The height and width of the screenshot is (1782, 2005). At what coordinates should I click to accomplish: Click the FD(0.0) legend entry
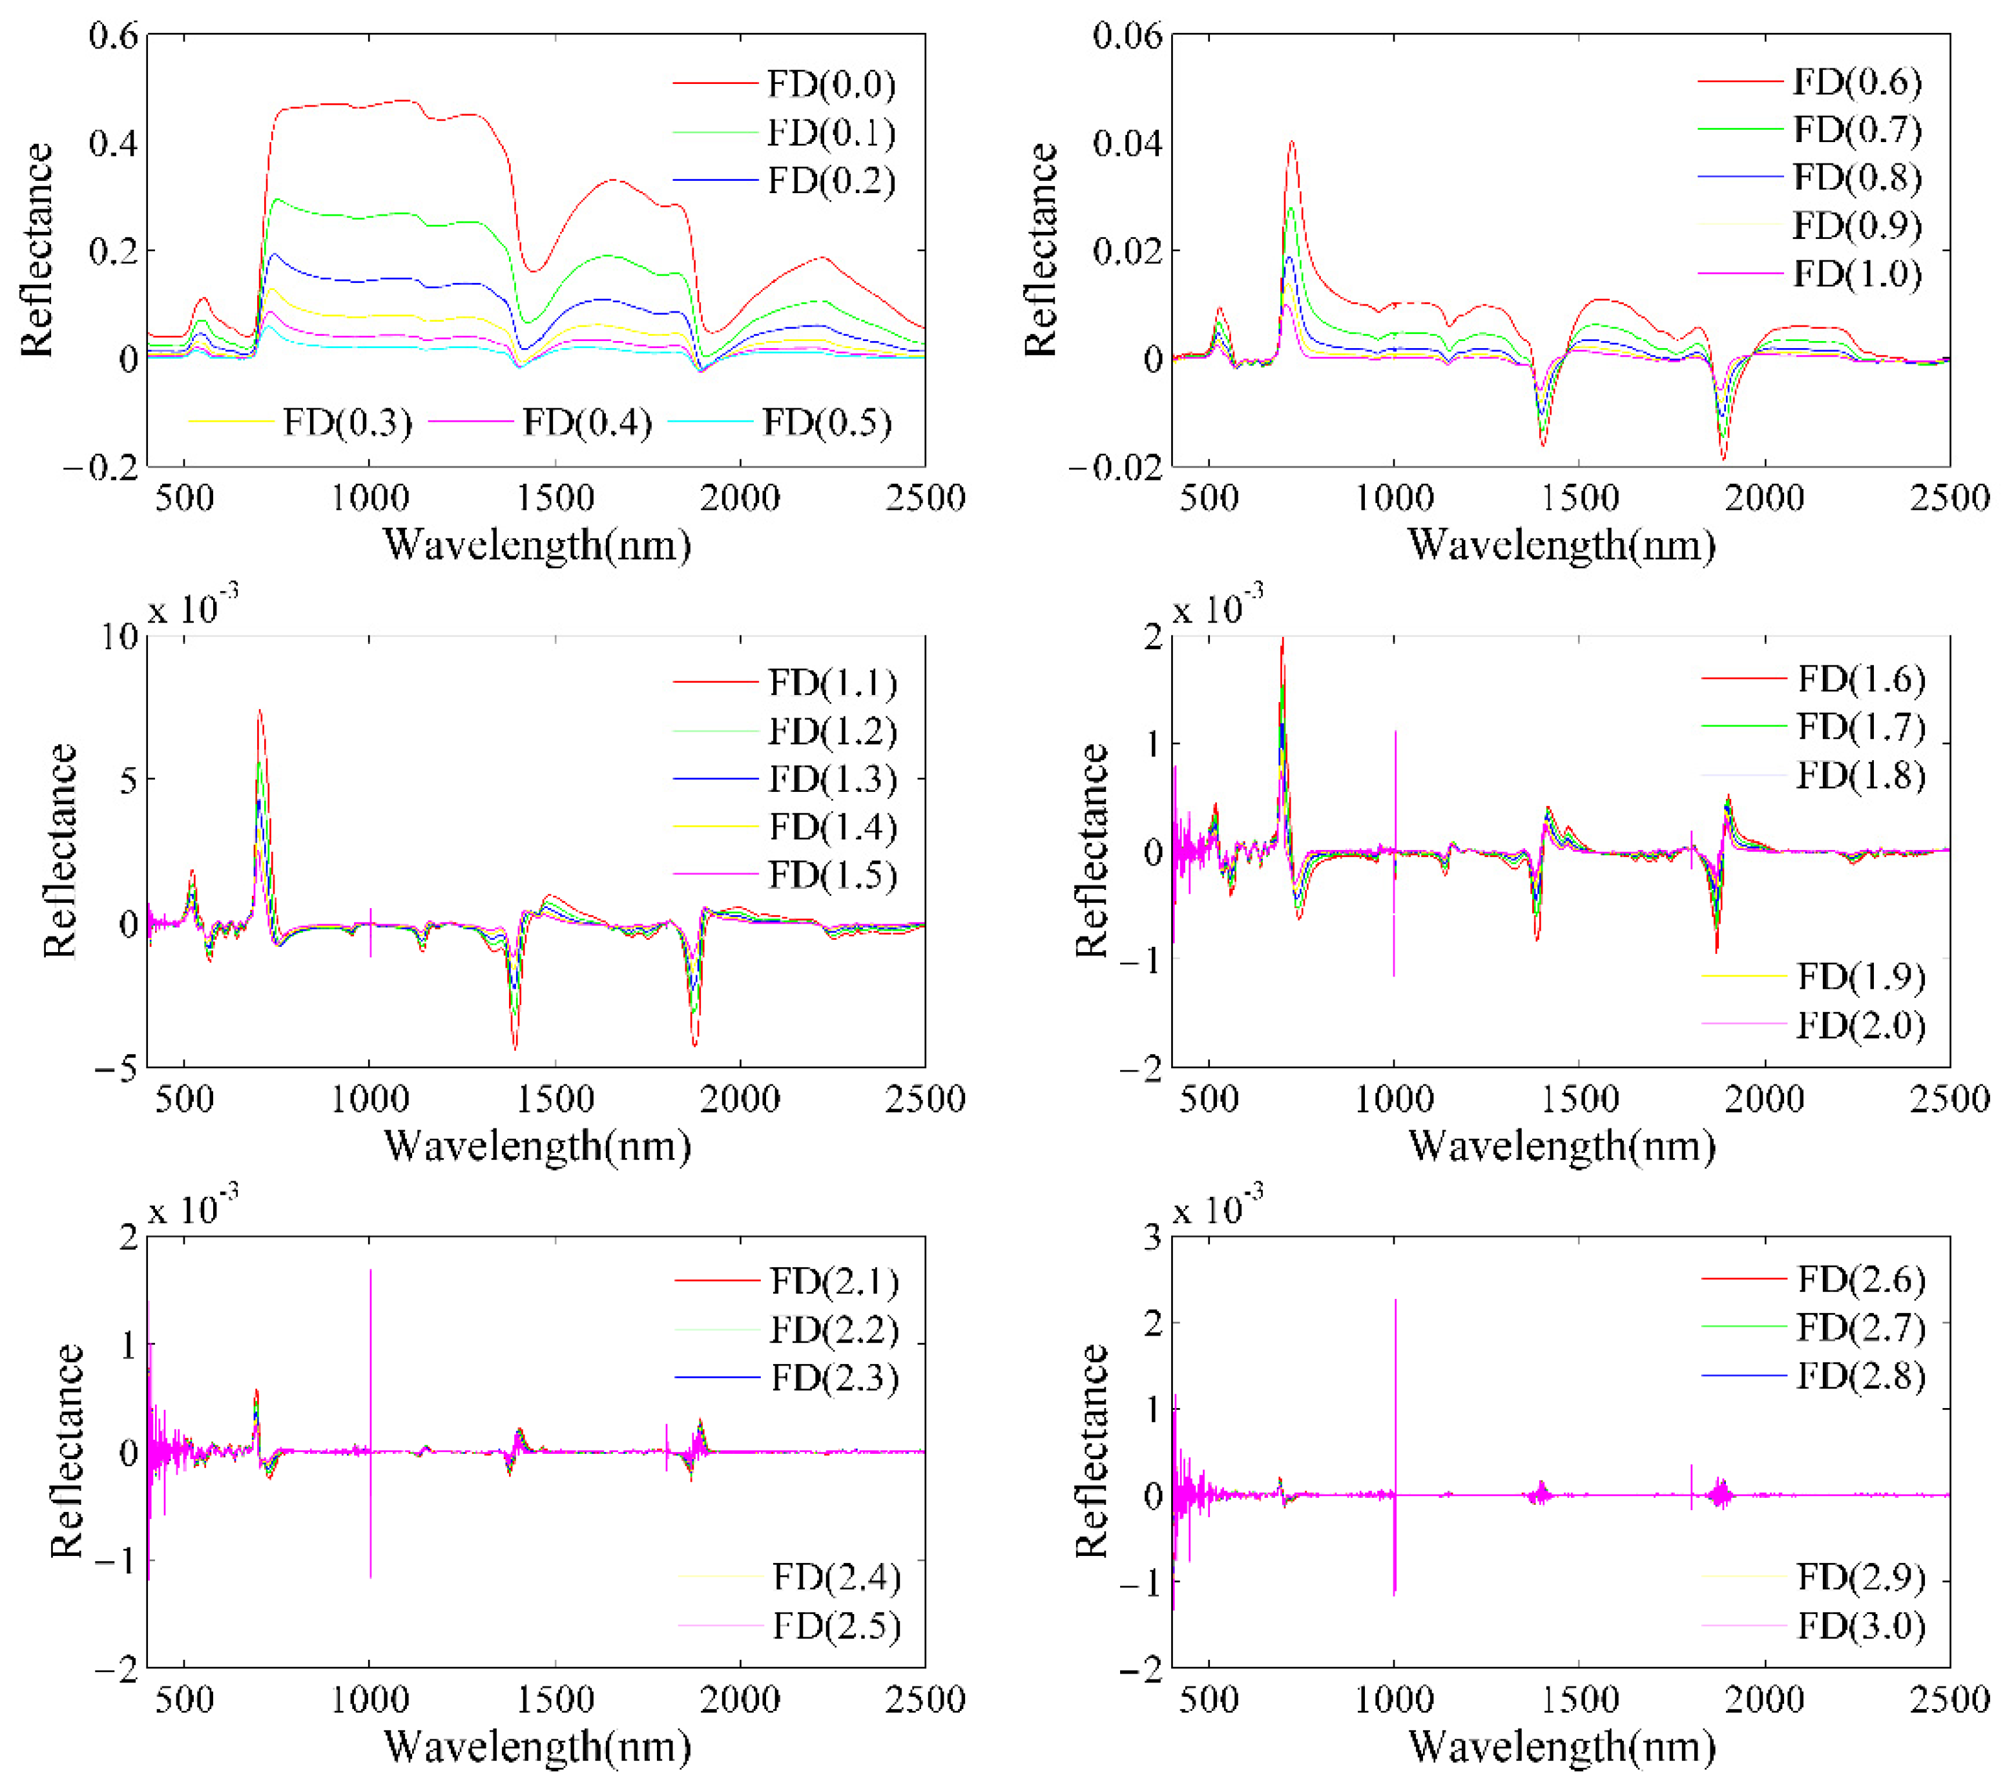831,85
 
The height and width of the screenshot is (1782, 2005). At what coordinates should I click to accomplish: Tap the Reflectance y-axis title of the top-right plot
1041,249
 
